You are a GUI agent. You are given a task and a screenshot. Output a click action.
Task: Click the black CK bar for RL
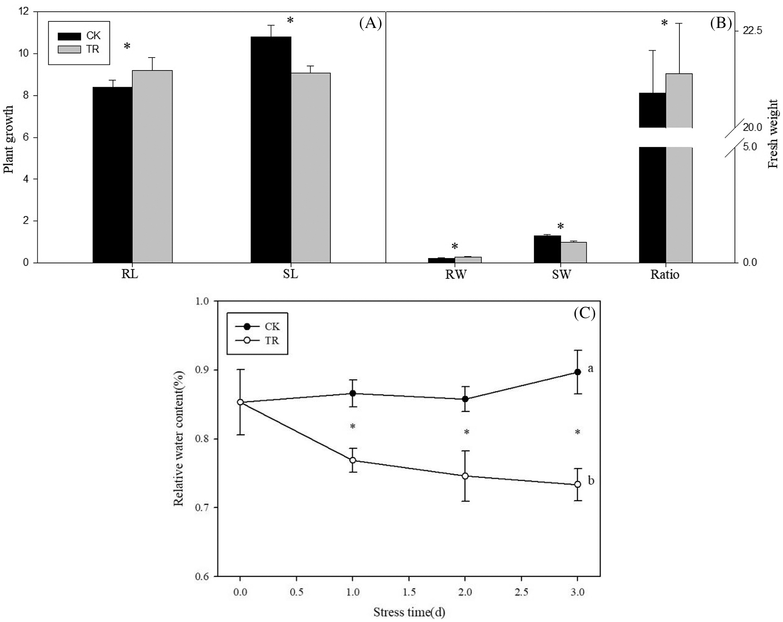point(113,175)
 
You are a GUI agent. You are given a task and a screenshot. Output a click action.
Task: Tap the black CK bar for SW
point(547,249)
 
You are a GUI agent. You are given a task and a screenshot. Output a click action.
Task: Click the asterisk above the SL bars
point(290,21)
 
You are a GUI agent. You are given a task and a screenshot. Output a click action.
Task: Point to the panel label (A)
point(370,24)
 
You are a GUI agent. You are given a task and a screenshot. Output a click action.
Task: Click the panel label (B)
point(721,24)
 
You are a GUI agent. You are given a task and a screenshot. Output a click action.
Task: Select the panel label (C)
point(584,313)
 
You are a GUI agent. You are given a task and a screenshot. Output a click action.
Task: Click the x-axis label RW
point(455,275)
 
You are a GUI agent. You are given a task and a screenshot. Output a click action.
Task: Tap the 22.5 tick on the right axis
point(752,31)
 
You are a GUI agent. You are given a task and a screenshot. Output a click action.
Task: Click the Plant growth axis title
point(9,139)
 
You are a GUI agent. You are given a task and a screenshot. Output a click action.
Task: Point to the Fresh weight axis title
point(773,134)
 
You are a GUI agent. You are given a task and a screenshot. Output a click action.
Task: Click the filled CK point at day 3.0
point(578,372)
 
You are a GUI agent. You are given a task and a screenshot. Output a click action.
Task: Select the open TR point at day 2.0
point(465,476)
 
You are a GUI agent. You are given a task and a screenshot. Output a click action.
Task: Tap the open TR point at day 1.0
point(353,460)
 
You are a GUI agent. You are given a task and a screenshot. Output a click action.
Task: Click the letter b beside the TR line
point(591,481)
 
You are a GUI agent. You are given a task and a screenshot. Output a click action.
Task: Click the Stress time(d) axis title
point(409,612)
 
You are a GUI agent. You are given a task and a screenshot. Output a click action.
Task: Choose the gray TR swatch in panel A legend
point(69,49)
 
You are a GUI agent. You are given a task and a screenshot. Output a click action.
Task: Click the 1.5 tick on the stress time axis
point(409,592)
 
